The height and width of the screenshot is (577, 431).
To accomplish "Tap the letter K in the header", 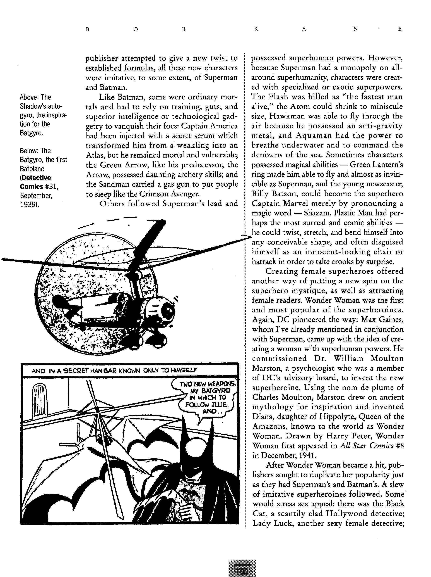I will (256, 29).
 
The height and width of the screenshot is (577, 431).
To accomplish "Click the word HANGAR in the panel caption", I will (99, 370).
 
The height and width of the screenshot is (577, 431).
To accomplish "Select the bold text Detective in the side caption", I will (37, 178).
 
